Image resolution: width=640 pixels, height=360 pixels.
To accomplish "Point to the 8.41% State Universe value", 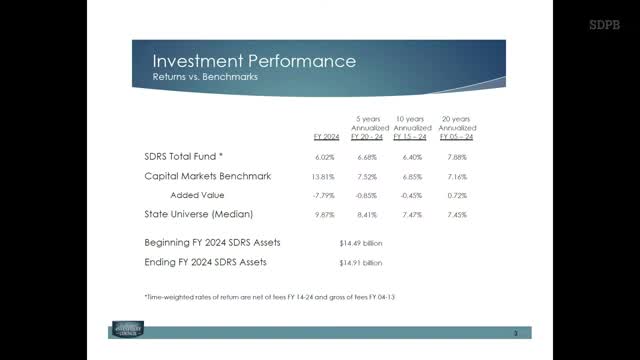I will coord(367,215).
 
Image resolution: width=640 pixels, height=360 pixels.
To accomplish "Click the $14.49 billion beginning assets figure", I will coord(361,243).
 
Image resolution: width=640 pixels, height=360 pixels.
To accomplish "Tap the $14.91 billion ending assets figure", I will coord(361,263).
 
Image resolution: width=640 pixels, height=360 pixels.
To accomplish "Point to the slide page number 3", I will coord(513,333).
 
